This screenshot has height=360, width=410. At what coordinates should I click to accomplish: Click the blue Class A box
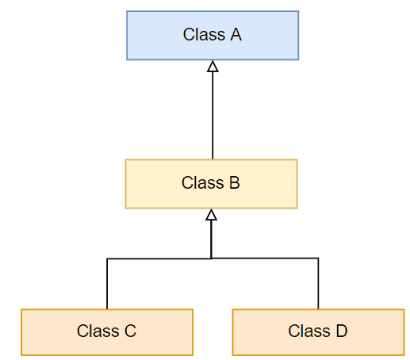coord(213,36)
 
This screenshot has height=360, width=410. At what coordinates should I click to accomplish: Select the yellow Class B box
coord(211,184)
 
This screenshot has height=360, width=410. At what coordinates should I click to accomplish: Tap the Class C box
coord(107,332)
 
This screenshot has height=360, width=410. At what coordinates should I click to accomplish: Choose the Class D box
coord(318,332)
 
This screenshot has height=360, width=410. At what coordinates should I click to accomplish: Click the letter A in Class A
coord(236,35)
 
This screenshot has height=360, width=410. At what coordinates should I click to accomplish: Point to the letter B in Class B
coord(235,182)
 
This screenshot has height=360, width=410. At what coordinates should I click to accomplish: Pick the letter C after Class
coord(130,331)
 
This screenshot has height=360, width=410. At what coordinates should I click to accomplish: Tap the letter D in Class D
coord(342,331)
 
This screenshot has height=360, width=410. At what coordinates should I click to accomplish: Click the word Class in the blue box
coord(204,35)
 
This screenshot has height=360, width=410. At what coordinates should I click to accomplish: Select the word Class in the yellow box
coord(202,182)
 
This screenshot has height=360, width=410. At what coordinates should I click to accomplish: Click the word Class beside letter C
coord(98,331)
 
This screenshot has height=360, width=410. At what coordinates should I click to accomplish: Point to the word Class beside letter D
coord(309,331)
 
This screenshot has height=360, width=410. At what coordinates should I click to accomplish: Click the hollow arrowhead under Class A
coord(213,67)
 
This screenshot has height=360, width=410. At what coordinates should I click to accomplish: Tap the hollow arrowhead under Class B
coord(211,215)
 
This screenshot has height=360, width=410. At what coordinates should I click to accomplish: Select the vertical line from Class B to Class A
coord(213,116)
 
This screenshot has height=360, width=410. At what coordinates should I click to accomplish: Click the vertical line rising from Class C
coord(107,284)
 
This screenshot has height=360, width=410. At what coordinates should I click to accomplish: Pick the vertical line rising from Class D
coord(318,283)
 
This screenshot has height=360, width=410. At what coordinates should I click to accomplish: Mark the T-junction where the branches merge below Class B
coord(211,259)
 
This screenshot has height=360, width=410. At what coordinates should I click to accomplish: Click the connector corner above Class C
coord(107,259)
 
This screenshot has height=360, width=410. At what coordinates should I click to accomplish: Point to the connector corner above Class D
coord(318,258)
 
